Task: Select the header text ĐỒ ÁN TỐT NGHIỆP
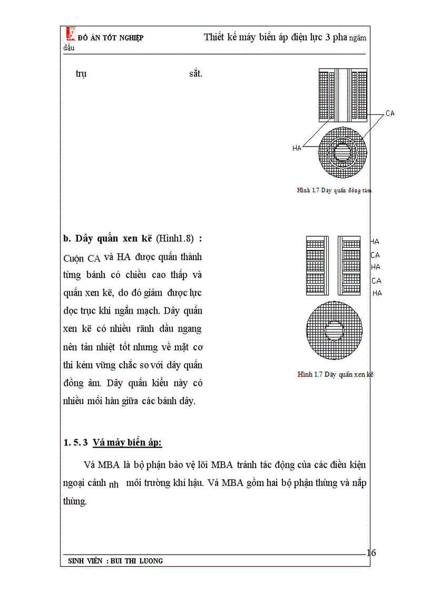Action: tap(110, 38)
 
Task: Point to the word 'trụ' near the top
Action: tap(81, 74)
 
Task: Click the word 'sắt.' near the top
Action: tap(196, 74)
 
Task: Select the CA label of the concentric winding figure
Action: tap(390, 113)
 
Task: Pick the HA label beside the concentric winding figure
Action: tap(297, 148)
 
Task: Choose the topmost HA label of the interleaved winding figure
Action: tap(375, 241)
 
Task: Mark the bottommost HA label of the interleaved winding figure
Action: tap(377, 293)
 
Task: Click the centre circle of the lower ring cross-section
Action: tap(334, 331)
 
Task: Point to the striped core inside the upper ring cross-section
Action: tap(342, 153)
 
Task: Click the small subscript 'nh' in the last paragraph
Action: tap(113, 483)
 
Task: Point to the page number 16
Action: tap(371, 552)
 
